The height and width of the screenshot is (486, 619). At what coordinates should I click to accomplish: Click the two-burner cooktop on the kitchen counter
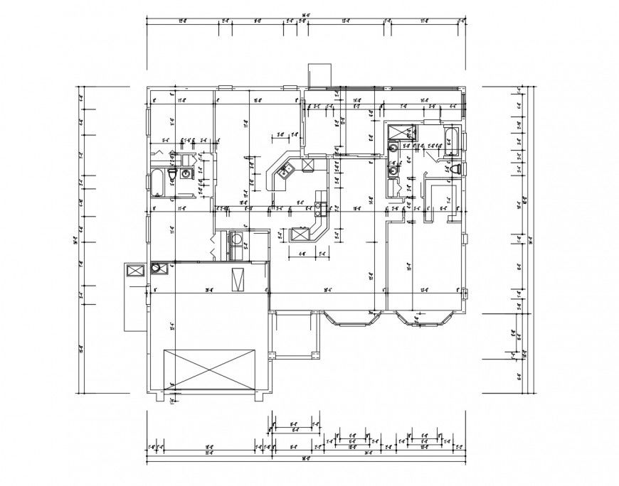[319, 208]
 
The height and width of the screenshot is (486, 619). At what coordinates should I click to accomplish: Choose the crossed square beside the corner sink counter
[309, 165]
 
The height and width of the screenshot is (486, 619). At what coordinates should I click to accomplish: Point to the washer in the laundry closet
[236, 239]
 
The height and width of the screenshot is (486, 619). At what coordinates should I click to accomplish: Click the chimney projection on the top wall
[317, 76]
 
